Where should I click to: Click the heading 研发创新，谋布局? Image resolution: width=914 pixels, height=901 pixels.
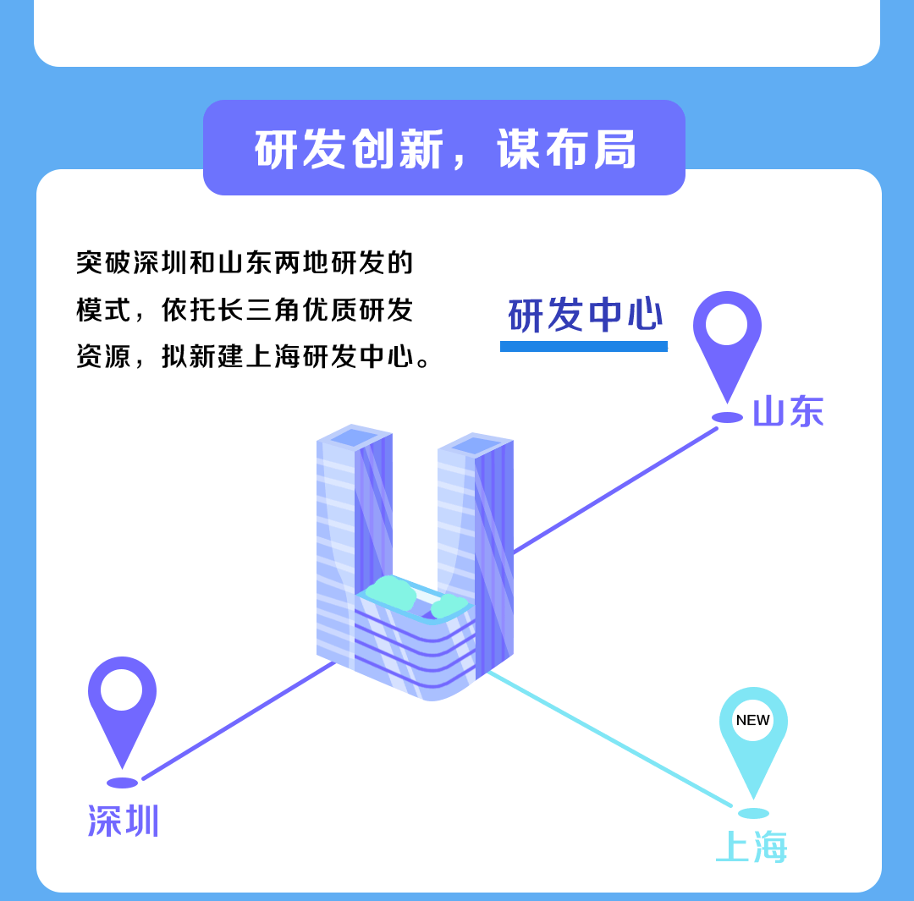[x=444, y=150]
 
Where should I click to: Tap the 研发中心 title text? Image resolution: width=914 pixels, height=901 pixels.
[x=585, y=316]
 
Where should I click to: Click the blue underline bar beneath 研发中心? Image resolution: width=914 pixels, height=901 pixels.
[x=584, y=346]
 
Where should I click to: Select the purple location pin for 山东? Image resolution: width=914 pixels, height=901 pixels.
[x=727, y=338]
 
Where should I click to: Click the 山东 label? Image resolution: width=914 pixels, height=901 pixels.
[x=788, y=412]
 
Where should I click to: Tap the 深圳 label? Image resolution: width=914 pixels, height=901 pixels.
[x=124, y=821]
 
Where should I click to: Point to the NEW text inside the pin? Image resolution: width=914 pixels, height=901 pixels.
[x=753, y=720]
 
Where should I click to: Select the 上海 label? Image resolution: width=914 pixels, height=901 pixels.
[x=752, y=847]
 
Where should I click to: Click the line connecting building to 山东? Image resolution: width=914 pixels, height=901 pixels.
[x=615, y=491]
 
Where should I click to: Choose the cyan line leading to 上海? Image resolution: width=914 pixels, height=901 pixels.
[x=609, y=739]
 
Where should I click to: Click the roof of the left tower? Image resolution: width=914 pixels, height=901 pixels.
[x=354, y=437]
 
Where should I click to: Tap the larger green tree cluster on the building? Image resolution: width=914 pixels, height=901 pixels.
[x=390, y=591]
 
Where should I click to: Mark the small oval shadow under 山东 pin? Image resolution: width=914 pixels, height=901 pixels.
[x=727, y=418]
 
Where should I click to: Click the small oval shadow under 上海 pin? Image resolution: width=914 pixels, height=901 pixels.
[x=753, y=813]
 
